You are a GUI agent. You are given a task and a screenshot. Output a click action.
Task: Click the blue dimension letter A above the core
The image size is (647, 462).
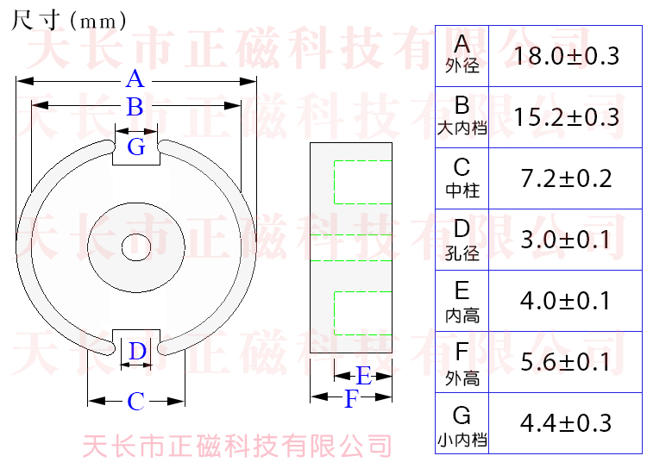135,80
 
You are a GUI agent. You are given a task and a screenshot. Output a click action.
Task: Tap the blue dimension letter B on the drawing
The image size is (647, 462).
135,108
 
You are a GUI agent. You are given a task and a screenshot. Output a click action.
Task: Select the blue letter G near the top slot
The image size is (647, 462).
136,147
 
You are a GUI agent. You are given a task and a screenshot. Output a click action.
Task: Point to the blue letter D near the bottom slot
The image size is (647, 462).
137,352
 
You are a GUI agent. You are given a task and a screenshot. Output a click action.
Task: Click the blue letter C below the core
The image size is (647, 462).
135,402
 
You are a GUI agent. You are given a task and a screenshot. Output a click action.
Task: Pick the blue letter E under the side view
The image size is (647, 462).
363,376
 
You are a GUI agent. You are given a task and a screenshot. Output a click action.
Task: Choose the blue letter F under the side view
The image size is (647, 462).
350,400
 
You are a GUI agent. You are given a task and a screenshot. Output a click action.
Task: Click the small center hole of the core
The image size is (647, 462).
135,247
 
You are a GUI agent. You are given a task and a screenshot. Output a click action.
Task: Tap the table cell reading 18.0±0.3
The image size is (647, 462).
566,57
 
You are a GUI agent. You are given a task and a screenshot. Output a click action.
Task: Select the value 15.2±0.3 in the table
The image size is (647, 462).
566,117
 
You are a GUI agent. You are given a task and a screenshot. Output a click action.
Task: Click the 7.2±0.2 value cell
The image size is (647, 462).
566,178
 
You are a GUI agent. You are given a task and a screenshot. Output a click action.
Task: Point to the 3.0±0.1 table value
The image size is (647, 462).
566,240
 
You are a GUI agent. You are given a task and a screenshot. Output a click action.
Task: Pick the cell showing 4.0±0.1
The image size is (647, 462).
566,301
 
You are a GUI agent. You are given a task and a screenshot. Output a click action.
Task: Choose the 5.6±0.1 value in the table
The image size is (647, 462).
566,362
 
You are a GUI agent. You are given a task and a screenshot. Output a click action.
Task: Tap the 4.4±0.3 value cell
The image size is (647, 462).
566,423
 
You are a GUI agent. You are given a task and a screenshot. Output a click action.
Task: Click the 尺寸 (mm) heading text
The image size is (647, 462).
69,19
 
